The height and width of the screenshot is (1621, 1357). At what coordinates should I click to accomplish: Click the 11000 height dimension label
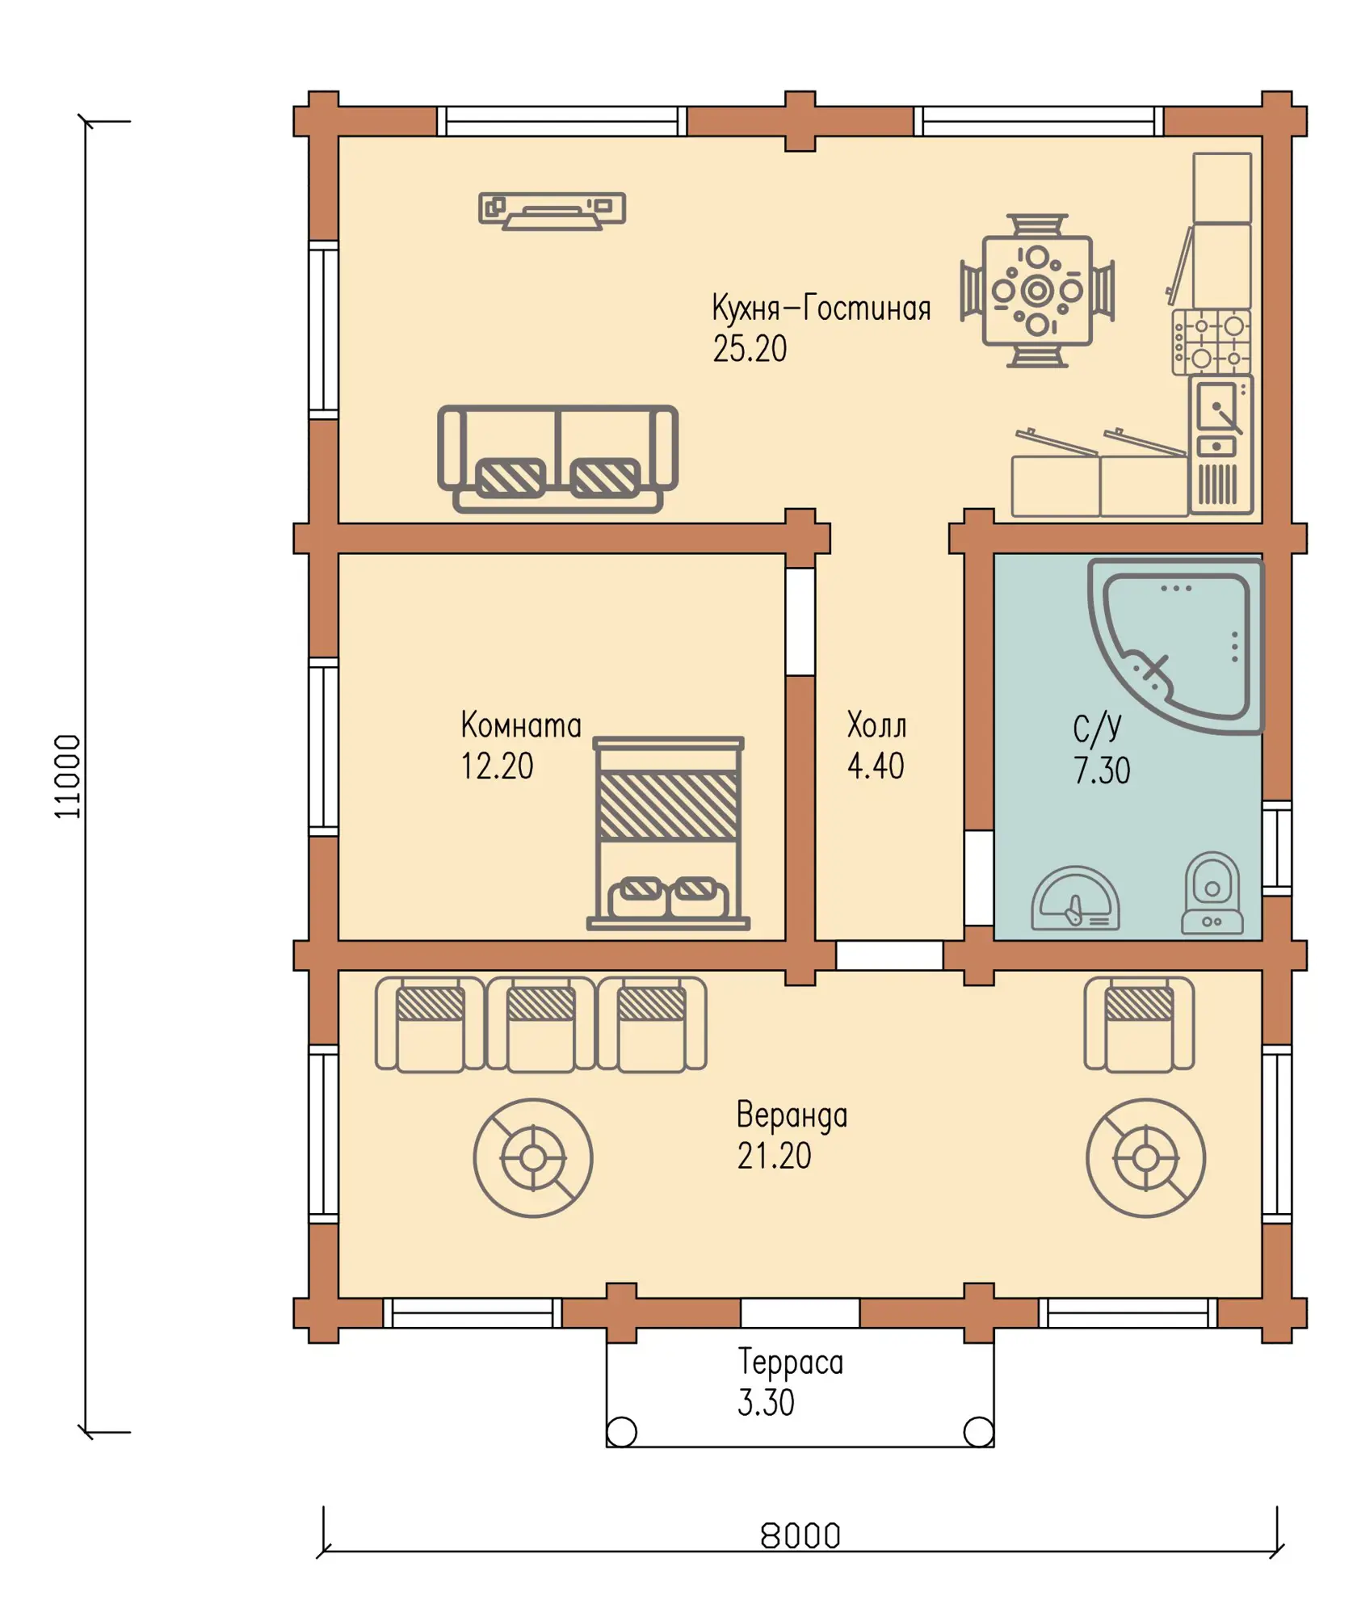coord(68,776)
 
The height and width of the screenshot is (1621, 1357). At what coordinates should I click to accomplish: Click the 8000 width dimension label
coord(800,1535)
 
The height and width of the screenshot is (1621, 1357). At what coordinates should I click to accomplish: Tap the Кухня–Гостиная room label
coord(821,308)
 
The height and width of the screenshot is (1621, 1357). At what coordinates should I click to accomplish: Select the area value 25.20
coord(750,349)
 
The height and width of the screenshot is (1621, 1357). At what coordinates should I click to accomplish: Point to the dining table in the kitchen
coord(1037,291)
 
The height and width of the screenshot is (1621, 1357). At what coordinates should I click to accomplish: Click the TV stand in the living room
coord(552,211)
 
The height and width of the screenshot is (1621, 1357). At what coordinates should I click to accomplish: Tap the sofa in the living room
coord(557,459)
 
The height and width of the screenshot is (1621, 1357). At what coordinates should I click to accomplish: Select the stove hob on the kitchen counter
coord(1212,342)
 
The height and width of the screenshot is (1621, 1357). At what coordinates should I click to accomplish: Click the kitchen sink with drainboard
coord(1220,443)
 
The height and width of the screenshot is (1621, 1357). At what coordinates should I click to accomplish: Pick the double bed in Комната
coord(668,834)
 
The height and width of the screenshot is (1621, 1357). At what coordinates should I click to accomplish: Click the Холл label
coord(876,725)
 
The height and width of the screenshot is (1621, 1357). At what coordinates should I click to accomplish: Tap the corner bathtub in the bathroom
coord(1175,645)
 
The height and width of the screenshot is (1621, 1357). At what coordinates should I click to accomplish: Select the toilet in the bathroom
coord(1212,893)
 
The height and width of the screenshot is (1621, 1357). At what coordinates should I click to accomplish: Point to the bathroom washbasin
coord(1075,898)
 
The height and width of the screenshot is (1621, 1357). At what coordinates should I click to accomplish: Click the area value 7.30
coord(1102,771)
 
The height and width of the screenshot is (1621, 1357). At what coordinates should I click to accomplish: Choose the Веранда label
coord(792,1115)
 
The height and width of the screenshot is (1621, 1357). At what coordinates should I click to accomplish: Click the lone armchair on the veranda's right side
coord(1139,1024)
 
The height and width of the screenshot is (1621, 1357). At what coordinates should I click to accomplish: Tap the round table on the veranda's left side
coord(533,1157)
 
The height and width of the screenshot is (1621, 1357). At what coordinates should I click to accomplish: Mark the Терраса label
coord(791,1363)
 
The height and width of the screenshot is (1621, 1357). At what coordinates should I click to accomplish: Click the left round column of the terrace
coord(621,1432)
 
